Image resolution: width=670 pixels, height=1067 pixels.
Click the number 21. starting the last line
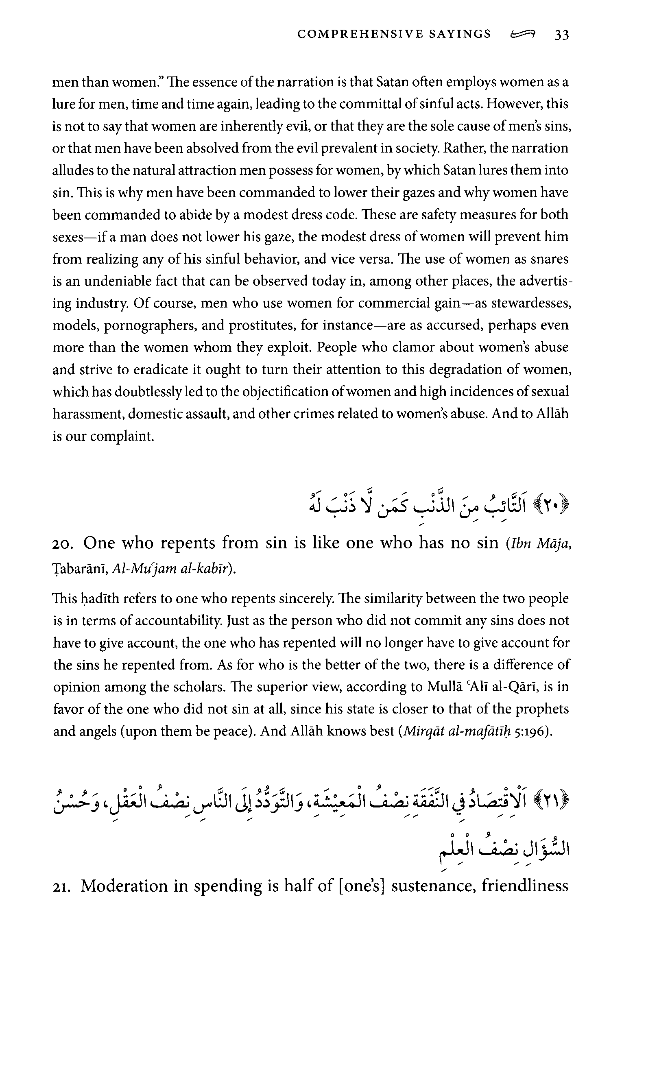coord(63,887)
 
